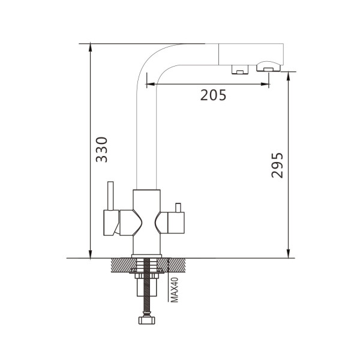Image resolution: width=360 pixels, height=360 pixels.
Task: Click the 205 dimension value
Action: [x=213, y=95]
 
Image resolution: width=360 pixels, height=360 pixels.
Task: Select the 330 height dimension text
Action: [x=102, y=149]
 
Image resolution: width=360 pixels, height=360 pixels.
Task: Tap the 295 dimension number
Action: [x=277, y=166]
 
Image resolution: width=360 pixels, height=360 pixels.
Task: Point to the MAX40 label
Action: [x=175, y=290]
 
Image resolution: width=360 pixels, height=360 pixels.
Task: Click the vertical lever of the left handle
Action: [x=110, y=196]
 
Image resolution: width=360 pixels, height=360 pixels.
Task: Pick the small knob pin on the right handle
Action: [x=178, y=208]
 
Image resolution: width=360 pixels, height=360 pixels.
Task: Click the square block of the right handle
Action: [x=176, y=223]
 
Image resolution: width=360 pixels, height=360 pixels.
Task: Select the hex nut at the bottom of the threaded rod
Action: [x=147, y=320]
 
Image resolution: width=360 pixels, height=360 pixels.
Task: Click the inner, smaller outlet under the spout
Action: [x=240, y=70]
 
